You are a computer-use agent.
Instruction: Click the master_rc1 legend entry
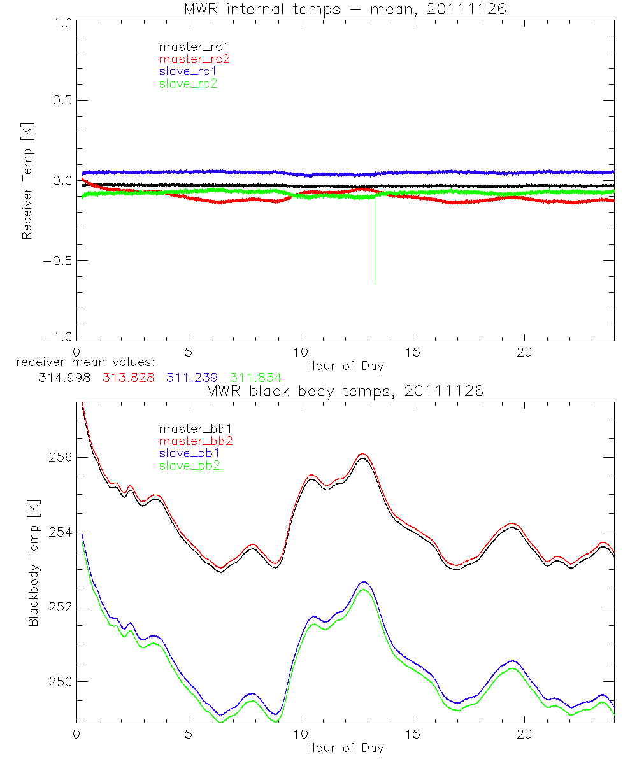[188, 47]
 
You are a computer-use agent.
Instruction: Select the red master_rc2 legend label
[194, 59]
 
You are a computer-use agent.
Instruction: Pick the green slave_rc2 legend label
[188, 83]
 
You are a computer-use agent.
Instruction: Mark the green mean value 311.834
[255, 378]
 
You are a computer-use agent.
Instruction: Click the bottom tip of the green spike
[375, 284]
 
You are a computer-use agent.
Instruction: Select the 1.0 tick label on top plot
[62, 22]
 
